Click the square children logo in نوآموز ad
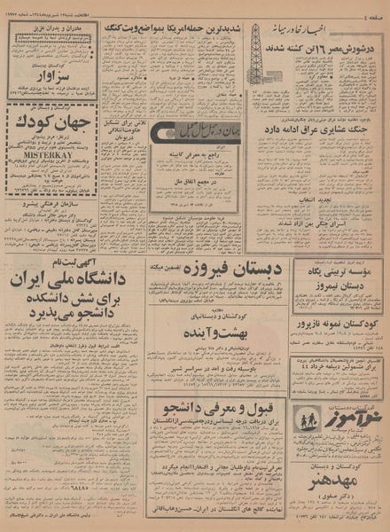(x=310, y=420)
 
